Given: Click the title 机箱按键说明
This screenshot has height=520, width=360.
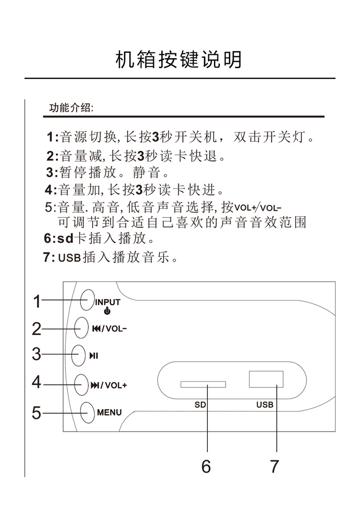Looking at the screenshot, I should (179, 60).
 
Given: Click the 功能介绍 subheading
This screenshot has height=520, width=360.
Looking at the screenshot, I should (71, 108).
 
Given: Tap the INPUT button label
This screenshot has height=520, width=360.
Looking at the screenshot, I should (107, 302).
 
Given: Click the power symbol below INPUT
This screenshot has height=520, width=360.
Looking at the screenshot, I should (107, 311).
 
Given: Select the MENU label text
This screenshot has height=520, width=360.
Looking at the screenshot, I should (109, 412).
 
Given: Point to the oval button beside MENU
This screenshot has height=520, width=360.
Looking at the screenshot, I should (87, 412).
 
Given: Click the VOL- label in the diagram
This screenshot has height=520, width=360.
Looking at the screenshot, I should (116, 329).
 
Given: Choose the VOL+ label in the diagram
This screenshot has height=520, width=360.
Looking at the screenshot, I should (116, 385).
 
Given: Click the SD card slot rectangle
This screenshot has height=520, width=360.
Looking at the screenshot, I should (203, 385).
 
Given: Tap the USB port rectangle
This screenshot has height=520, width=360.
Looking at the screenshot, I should (266, 379).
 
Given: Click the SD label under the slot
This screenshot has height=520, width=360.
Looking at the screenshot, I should (200, 405).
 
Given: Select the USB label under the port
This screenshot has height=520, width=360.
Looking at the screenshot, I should (264, 405).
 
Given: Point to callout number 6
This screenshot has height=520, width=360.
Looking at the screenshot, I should (206, 466).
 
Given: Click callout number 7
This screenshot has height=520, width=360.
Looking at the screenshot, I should (274, 466).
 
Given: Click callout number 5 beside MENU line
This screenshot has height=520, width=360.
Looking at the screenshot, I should (36, 412).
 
